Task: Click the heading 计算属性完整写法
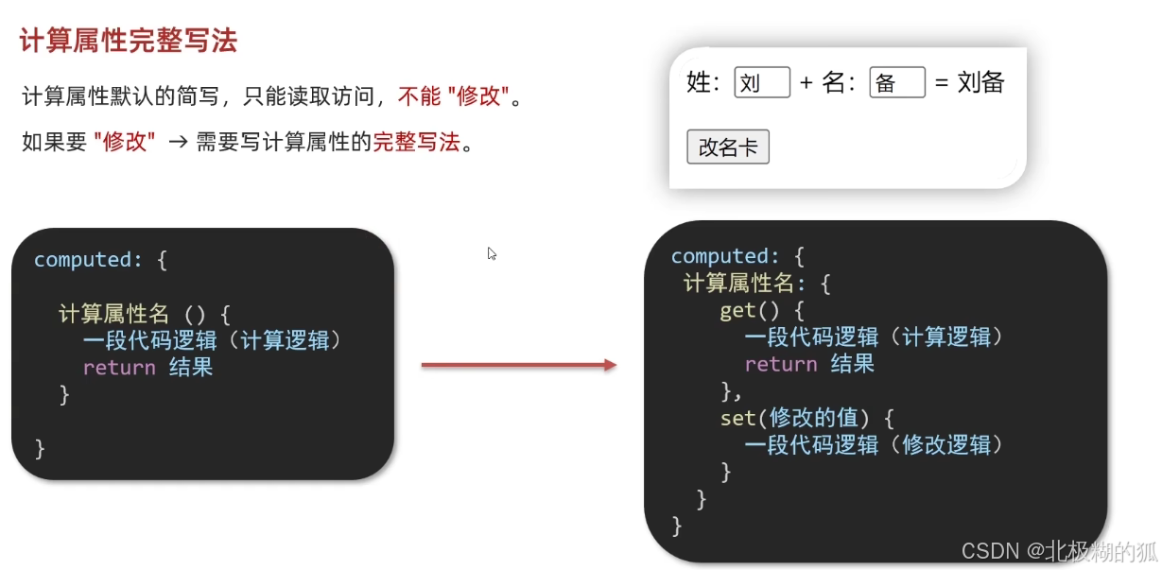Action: (x=128, y=42)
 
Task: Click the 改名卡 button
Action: (x=727, y=147)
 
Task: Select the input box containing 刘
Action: (x=762, y=83)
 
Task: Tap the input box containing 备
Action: (x=896, y=83)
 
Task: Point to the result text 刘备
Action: (x=980, y=82)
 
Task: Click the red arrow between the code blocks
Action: (x=518, y=365)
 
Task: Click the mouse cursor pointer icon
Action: (x=492, y=253)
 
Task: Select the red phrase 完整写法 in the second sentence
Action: (x=416, y=142)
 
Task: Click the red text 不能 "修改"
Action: (x=454, y=95)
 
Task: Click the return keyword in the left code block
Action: (x=119, y=368)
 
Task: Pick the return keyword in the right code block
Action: (x=781, y=364)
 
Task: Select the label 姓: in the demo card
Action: (x=703, y=83)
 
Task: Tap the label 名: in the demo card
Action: (x=839, y=83)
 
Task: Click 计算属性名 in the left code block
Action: (x=113, y=314)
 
